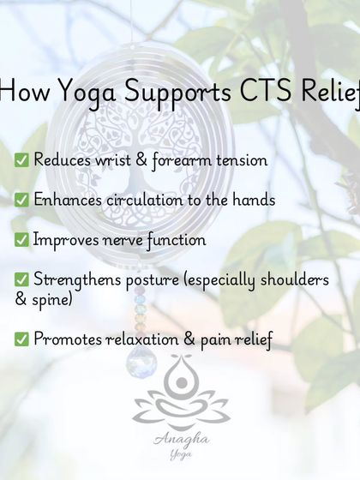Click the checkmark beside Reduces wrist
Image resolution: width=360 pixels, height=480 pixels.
coord(21,160)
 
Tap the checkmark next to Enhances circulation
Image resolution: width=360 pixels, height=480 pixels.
coord(21,200)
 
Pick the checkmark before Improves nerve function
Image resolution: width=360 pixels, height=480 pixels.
coord(21,240)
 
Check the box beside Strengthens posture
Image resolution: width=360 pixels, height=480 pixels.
coord(21,280)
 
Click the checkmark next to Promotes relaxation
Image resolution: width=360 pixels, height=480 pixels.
coord(21,339)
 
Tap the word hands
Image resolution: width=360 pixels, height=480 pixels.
coord(252,200)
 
